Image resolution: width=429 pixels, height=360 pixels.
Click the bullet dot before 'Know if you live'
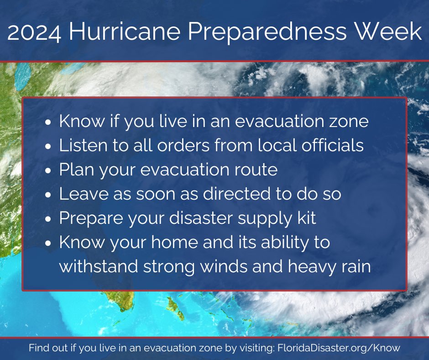coord(48,123)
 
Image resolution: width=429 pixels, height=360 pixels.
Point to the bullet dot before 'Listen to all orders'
coord(48,147)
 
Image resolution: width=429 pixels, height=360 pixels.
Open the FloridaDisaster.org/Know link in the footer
coord(338,348)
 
